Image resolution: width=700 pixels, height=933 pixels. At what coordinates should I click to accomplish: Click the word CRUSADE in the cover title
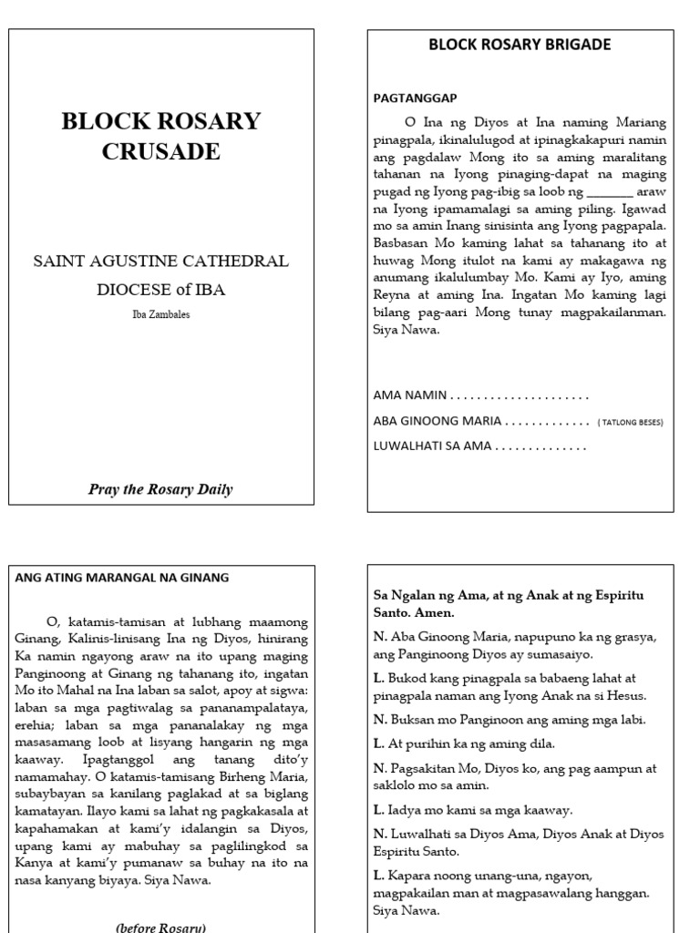160,151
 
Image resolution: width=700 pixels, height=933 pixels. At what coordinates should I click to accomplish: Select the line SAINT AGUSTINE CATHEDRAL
160,261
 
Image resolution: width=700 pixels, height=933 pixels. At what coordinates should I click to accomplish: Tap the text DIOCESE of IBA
160,290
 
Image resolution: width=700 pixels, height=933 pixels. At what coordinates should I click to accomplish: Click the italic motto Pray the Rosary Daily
160,489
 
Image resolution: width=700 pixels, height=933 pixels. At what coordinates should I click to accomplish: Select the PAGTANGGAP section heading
415,97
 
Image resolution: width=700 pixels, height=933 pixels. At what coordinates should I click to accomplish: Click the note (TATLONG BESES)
630,423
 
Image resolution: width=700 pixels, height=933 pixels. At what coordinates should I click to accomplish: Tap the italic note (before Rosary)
160,927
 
